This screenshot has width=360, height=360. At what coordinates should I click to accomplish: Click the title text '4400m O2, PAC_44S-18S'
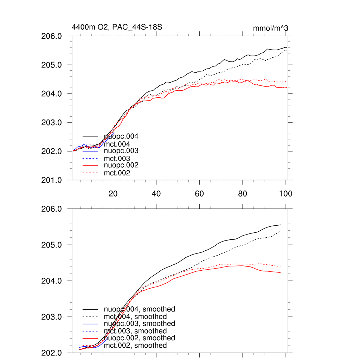coord(117,27)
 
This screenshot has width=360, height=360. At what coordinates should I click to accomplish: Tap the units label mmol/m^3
coord(270,28)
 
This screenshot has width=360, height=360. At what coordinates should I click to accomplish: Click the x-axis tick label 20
coord(113,193)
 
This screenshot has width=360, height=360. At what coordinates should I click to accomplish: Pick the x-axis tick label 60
coord(199,193)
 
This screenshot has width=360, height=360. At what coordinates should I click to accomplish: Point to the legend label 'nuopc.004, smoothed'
coord(139,309)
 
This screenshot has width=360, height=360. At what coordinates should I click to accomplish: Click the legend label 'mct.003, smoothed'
coord(135,331)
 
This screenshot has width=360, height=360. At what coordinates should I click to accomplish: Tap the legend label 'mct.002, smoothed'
coord(135,346)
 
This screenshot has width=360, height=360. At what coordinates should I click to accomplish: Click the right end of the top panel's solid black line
coord(287,47)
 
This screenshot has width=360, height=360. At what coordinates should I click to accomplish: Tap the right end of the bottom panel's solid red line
coord(281,273)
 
